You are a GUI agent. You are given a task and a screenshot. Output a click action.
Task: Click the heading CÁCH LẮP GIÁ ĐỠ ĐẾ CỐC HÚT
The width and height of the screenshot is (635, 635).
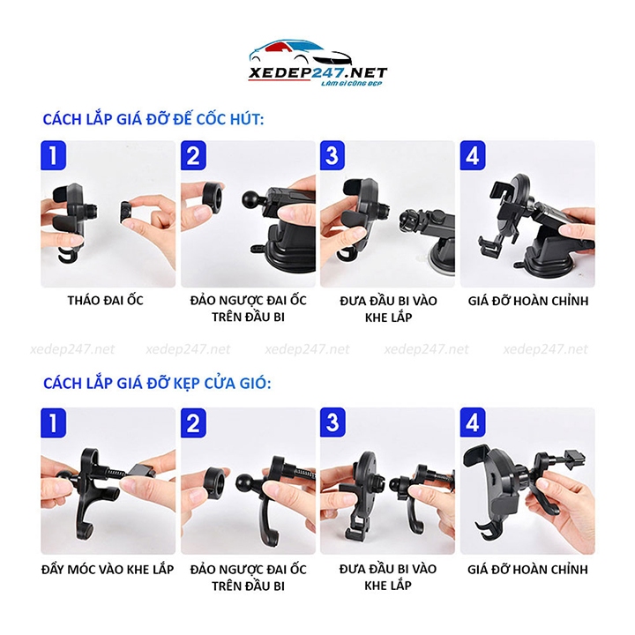(x=153, y=120)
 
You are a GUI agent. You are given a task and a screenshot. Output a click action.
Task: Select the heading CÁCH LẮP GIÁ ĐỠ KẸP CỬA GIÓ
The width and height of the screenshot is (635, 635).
(x=157, y=384)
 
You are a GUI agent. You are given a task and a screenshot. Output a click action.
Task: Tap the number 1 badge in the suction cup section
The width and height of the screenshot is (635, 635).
(x=55, y=155)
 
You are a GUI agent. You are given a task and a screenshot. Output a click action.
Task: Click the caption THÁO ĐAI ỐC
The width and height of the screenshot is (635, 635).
(x=105, y=301)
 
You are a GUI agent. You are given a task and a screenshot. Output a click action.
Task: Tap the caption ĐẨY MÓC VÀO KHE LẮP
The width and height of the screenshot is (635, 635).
(x=107, y=568)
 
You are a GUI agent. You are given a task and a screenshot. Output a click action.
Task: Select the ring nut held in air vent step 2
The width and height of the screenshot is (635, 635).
(x=212, y=481)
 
